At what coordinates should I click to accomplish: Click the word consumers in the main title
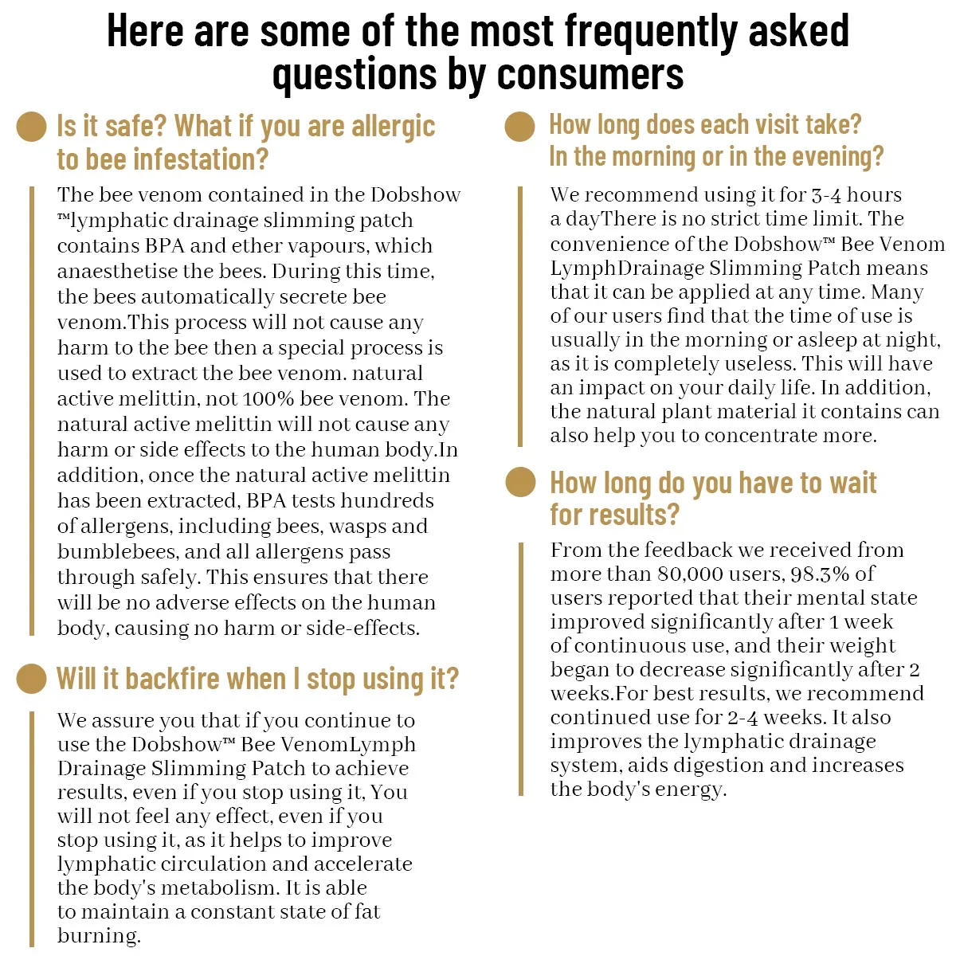click(590, 74)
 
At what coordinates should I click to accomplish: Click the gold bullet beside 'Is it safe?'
click(32, 127)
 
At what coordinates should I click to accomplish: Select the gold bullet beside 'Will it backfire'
click(32, 678)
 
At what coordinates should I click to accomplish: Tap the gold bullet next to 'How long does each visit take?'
click(519, 127)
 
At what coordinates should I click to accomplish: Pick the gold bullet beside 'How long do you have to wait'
click(521, 482)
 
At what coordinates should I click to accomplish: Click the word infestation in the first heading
click(198, 159)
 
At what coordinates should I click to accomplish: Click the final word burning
click(99, 935)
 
